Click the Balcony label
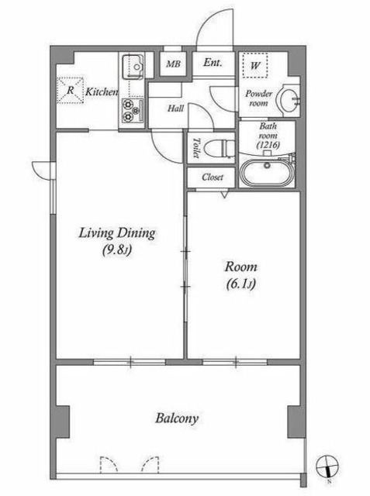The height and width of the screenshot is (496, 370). [x=177, y=418]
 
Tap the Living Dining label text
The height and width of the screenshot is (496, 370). [x=117, y=233]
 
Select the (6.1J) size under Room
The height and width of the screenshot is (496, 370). [x=241, y=284]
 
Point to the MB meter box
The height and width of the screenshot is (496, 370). [x=173, y=64]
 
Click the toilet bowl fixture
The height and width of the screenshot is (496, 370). [x=220, y=148]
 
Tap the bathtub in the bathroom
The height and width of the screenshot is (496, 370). [x=268, y=172]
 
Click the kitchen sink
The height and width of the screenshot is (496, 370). [x=133, y=67]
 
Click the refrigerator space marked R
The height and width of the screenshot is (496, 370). [x=71, y=90]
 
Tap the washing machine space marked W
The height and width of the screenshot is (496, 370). [x=255, y=65]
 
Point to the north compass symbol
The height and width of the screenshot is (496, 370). [x=327, y=467]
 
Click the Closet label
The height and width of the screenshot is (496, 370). [x=213, y=177]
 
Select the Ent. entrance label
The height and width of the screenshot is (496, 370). [x=213, y=63]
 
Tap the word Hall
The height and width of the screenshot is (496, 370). [x=175, y=108]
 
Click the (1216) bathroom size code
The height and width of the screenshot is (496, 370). [x=268, y=145]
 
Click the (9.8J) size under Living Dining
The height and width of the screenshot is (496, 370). [x=117, y=250]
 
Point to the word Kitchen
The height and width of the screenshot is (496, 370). [x=102, y=92]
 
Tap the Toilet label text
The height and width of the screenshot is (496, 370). [x=196, y=148]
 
